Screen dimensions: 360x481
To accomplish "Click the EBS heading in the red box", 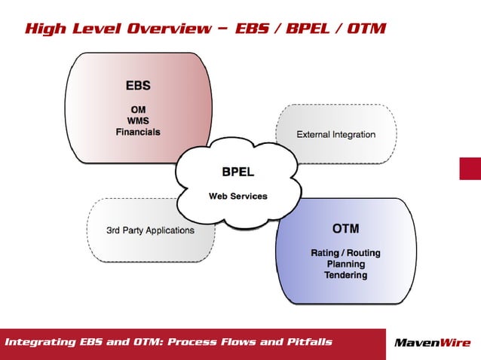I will point(138,84).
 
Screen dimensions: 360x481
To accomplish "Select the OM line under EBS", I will point(138,108).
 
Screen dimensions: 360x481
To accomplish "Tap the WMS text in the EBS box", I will point(138,120).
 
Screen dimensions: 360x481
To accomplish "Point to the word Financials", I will point(138,131).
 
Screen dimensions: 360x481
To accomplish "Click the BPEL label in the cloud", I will point(237,171).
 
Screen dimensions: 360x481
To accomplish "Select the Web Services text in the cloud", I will point(237,197).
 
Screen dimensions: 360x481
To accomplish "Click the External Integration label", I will point(335,135).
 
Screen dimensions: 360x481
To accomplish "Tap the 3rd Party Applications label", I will point(149,230).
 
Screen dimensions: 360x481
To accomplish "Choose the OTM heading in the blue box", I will point(345,228).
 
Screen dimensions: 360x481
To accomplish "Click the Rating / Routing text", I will point(345,253).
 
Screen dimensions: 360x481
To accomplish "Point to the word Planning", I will point(345,264).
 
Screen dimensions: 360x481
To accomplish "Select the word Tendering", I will point(345,276).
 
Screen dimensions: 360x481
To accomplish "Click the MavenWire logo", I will point(433,343).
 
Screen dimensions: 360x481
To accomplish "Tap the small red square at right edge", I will point(470,168).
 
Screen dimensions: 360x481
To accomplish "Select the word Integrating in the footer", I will point(41,343).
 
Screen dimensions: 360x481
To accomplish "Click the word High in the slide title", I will point(42,29).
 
